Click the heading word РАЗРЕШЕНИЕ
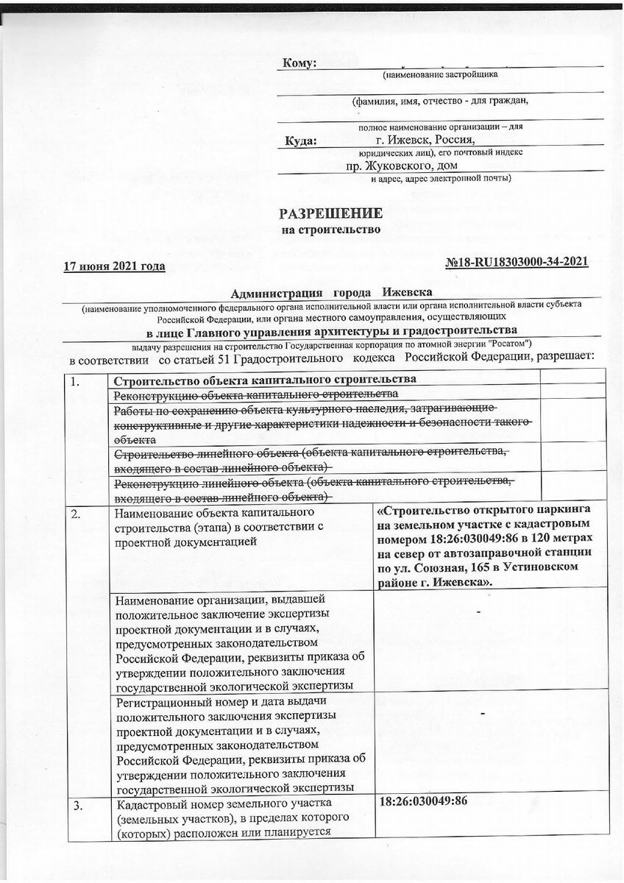pyautogui.click(x=330, y=213)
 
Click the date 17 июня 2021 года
pyautogui.click(x=114, y=266)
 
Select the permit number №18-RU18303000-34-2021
pyautogui.click(x=517, y=262)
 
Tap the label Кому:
pyautogui.click(x=299, y=63)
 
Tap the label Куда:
pyautogui.click(x=302, y=140)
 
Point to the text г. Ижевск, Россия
pyautogui.click(x=425, y=139)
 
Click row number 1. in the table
pyautogui.click(x=76, y=381)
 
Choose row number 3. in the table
pyautogui.click(x=76, y=801)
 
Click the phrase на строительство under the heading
pyautogui.click(x=331, y=230)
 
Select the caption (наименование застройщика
pyautogui.click(x=440, y=74)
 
